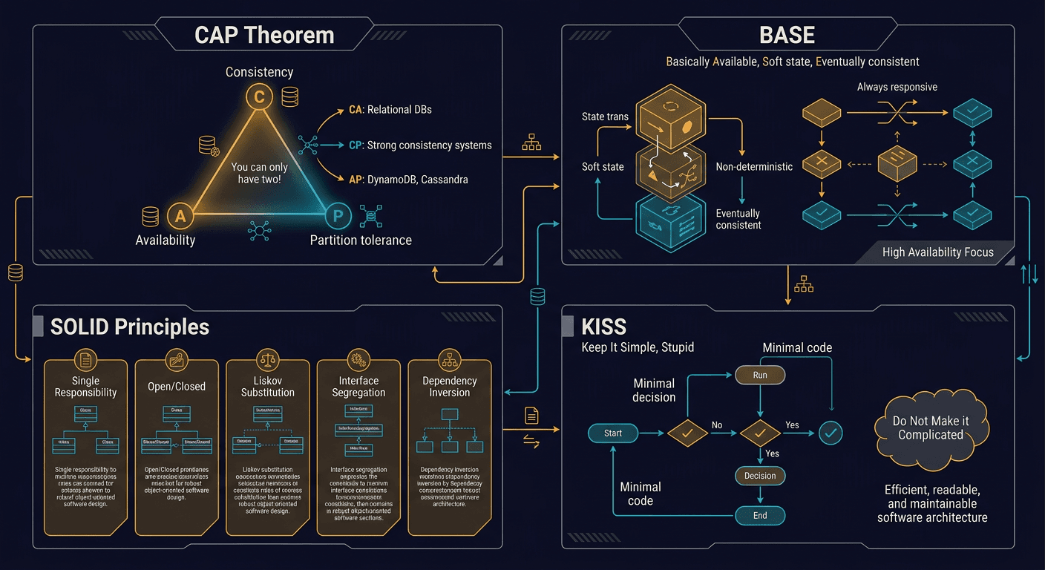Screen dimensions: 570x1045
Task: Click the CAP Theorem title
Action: pos(264,35)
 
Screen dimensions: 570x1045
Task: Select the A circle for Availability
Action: pos(180,216)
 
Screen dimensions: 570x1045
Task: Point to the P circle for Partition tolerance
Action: pos(338,217)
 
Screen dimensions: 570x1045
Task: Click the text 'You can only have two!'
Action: pos(259,174)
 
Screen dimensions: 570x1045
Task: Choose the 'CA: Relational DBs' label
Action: pos(390,110)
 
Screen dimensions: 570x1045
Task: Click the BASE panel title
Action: pos(787,35)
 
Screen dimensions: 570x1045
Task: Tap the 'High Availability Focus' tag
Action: pos(937,252)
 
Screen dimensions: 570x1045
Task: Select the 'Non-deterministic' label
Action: pos(754,167)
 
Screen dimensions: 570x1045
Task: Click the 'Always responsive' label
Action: pos(897,87)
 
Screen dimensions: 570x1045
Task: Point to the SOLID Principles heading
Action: pos(130,327)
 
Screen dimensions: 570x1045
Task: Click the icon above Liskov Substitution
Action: pos(268,361)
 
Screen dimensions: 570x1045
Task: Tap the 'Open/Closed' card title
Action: pos(177,386)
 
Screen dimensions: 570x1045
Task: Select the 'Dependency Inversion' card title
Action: pos(449,386)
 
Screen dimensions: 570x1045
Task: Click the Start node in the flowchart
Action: pos(613,433)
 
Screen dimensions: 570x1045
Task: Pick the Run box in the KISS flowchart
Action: pos(760,376)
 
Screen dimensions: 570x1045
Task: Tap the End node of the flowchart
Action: pos(760,516)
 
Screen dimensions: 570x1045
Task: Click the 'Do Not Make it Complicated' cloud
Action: pos(931,428)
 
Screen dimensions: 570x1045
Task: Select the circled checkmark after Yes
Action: pos(831,433)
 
